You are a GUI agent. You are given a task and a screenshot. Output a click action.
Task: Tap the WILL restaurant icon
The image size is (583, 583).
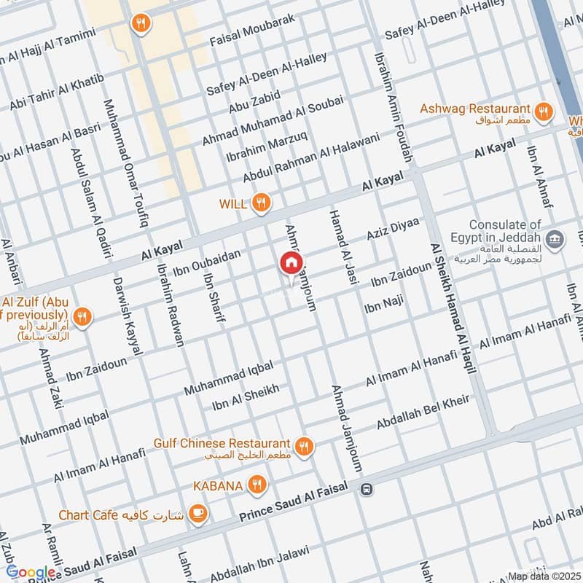[x=261, y=203]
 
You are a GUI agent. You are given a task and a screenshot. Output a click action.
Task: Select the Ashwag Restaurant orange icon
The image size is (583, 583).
[x=542, y=111]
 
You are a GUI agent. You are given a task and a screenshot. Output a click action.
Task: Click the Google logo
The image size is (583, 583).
[x=29, y=572]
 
